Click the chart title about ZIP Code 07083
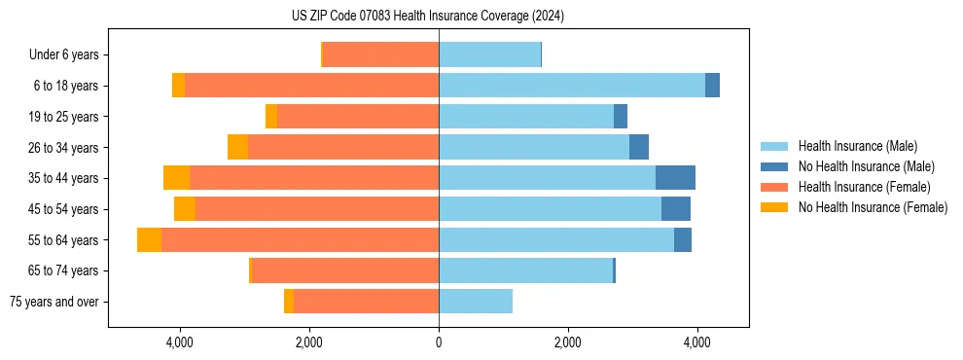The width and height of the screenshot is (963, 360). click(428, 16)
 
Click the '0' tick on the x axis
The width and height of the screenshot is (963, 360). click(439, 342)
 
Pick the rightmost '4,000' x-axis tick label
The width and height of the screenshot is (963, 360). click(696, 342)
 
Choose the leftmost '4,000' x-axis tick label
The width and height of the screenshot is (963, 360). click(180, 342)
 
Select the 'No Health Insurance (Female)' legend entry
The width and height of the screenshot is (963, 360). click(873, 207)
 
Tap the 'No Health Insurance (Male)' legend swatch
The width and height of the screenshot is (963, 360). click(775, 166)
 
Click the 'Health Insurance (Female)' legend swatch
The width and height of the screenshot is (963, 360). click(775, 187)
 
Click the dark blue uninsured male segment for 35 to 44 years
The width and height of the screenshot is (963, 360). click(675, 178)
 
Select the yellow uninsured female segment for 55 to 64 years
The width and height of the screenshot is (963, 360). click(149, 239)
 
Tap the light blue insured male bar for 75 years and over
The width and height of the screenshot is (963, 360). click(476, 302)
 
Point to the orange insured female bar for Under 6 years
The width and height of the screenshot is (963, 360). click(380, 54)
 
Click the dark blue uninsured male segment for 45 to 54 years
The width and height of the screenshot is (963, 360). click(676, 208)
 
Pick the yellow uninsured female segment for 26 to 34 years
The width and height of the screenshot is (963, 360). click(237, 147)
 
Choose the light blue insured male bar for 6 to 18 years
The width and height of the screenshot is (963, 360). click(572, 86)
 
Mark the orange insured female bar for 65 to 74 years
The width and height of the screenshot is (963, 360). click(345, 270)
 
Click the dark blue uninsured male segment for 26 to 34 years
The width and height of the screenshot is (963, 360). click(639, 147)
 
